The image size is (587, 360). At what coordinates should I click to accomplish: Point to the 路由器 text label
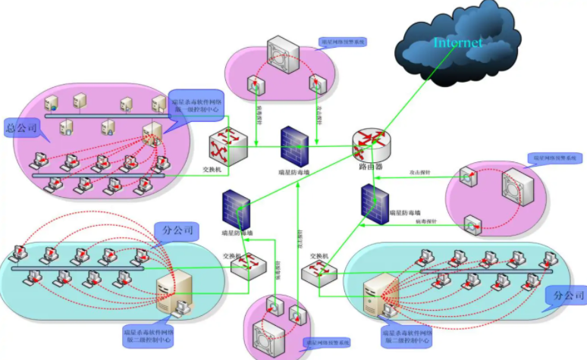(371, 166)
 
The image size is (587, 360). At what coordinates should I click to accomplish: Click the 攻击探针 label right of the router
(420, 174)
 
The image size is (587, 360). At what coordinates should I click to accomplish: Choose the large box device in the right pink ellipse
(518, 187)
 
